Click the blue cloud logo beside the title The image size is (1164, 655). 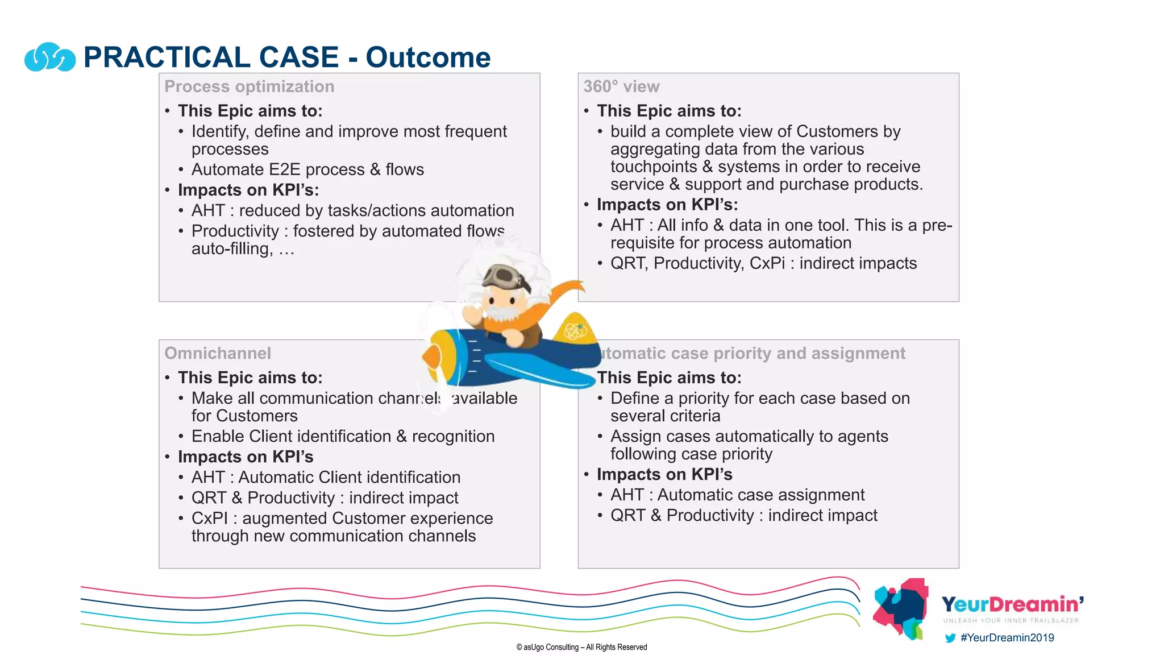50,57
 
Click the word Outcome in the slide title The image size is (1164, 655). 428,57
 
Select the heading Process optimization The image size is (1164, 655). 249,86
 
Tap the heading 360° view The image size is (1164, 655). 621,86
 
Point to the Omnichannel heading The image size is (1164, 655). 218,353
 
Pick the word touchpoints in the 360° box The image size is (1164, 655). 654,167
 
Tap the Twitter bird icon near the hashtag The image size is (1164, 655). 950,638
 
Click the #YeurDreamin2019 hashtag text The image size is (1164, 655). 1007,638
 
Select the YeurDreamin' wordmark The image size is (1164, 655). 1012,604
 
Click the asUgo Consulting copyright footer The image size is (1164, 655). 581,647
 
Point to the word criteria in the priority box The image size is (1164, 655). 692,416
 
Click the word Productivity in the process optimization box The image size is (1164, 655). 235,231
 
